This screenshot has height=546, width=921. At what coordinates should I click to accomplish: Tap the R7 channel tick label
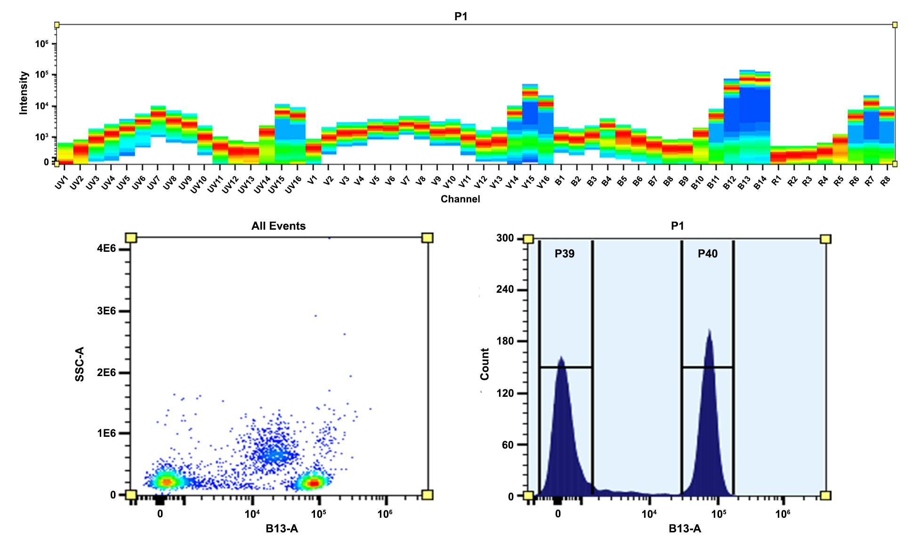(x=869, y=181)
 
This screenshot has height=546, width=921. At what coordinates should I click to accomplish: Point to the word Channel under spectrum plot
(x=460, y=199)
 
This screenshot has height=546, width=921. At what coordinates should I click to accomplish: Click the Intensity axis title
(x=24, y=93)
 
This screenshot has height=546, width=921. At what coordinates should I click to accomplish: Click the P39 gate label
(x=564, y=254)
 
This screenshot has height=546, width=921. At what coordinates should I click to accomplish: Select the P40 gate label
(x=707, y=254)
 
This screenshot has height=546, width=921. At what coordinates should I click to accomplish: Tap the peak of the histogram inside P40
(x=709, y=331)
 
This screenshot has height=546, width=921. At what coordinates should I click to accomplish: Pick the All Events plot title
(x=278, y=226)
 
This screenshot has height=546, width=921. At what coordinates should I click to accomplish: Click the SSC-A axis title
(x=80, y=364)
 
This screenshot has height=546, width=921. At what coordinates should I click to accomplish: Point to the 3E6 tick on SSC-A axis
(x=106, y=311)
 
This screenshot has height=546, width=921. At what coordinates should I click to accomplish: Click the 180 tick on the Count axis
(x=505, y=341)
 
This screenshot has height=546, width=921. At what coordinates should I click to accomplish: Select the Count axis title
(x=485, y=364)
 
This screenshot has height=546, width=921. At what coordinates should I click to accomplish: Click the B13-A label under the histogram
(x=685, y=529)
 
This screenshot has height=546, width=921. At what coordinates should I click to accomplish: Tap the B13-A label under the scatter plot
(x=282, y=529)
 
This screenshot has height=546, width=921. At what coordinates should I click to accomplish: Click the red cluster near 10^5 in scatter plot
(x=313, y=482)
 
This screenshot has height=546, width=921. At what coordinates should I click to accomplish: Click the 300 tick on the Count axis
(x=505, y=238)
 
